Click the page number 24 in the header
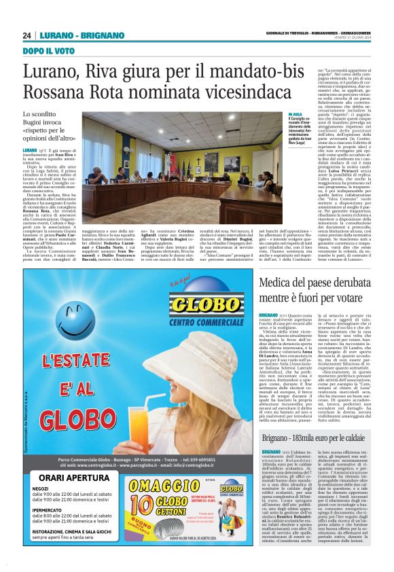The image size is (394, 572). tap(27, 35)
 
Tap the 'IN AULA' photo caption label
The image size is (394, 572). tap(277, 115)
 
